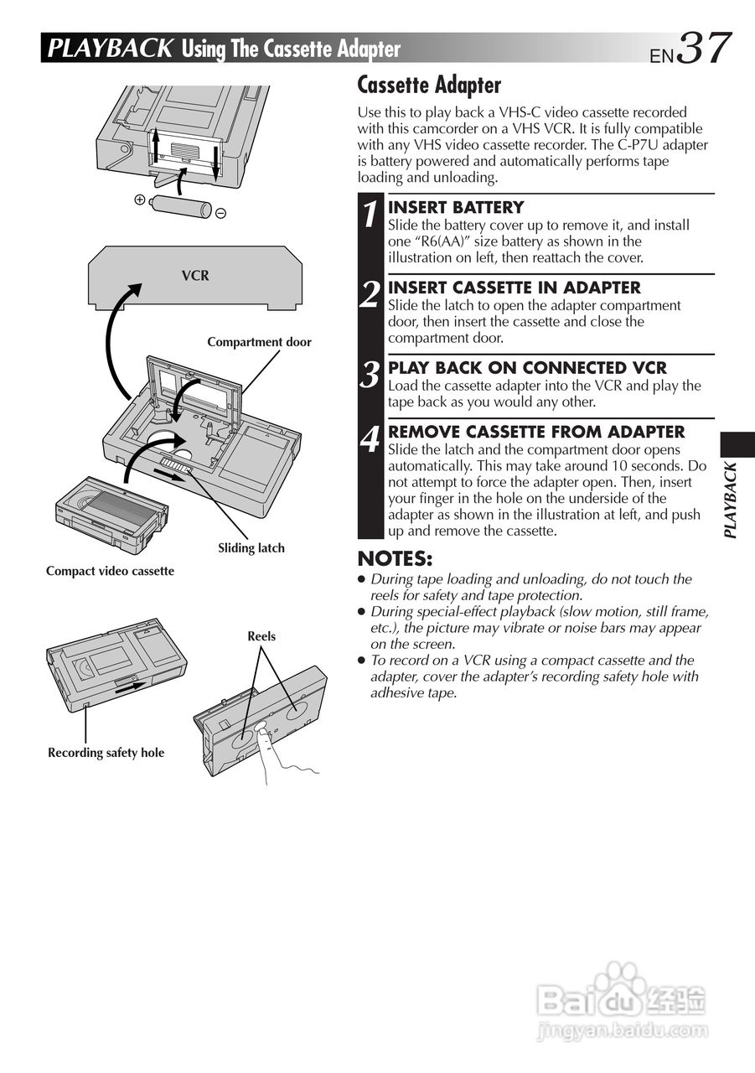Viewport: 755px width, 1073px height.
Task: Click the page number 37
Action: pos(704,48)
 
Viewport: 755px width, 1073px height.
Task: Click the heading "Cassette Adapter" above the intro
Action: pos(429,85)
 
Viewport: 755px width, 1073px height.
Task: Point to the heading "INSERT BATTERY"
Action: pos(456,207)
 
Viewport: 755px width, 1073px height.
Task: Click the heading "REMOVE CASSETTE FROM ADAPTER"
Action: pos(536,432)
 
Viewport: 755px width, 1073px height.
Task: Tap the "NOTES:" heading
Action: pos(395,558)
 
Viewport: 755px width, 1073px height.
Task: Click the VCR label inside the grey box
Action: pos(195,276)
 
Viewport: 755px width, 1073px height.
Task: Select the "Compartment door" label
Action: pos(259,342)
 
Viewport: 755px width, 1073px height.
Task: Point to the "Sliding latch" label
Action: pos(251,548)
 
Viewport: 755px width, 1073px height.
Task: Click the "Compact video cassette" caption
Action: pos(110,571)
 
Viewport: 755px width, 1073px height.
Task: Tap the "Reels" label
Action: pos(261,636)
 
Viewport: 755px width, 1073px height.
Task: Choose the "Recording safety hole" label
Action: pos(106,753)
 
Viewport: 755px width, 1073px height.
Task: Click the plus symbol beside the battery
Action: pos(140,200)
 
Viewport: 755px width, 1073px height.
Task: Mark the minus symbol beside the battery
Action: pos(220,213)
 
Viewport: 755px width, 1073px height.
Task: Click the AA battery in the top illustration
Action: pos(180,206)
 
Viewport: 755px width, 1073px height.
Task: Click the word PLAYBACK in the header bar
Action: pos(110,49)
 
